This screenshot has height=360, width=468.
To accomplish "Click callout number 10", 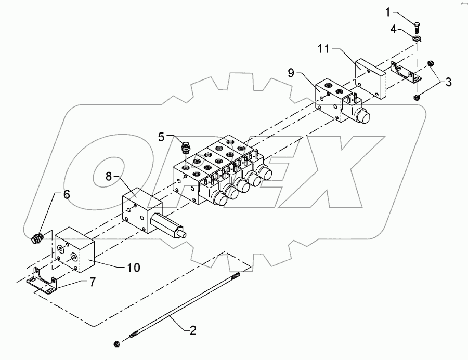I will tap(134, 268).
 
